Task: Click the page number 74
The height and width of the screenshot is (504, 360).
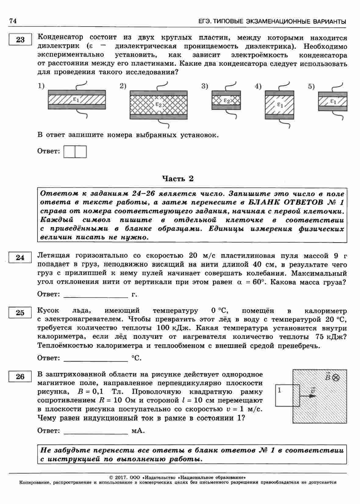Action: [13, 21]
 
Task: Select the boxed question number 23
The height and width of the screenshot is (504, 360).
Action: [20, 40]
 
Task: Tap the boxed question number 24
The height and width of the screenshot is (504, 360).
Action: [20, 257]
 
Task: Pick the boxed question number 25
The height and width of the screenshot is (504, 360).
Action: [20, 313]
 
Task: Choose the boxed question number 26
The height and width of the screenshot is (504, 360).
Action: [20, 377]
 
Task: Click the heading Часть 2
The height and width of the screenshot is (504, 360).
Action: [178, 179]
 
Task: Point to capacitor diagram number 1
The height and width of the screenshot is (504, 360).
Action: [77, 99]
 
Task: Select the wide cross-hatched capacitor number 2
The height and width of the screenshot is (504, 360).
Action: [159, 105]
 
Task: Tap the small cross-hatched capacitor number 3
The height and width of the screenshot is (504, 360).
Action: [226, 100]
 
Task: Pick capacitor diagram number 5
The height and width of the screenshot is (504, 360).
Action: [332, 101]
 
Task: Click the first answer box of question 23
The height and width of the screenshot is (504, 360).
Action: [70, 152]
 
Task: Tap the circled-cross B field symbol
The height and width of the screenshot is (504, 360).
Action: [336, 378]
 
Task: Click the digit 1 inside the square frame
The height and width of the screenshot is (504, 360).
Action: [280, 390]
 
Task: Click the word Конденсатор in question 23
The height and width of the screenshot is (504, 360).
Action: [60, 37]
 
